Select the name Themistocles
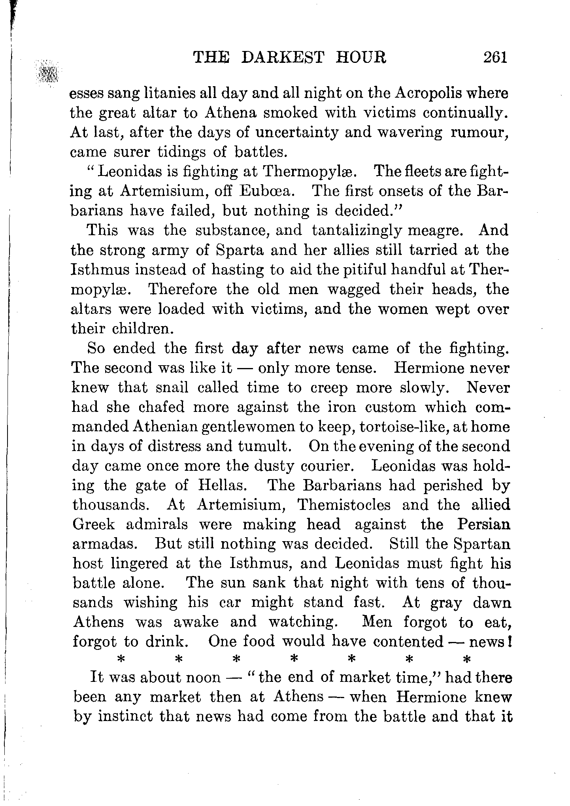344,505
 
